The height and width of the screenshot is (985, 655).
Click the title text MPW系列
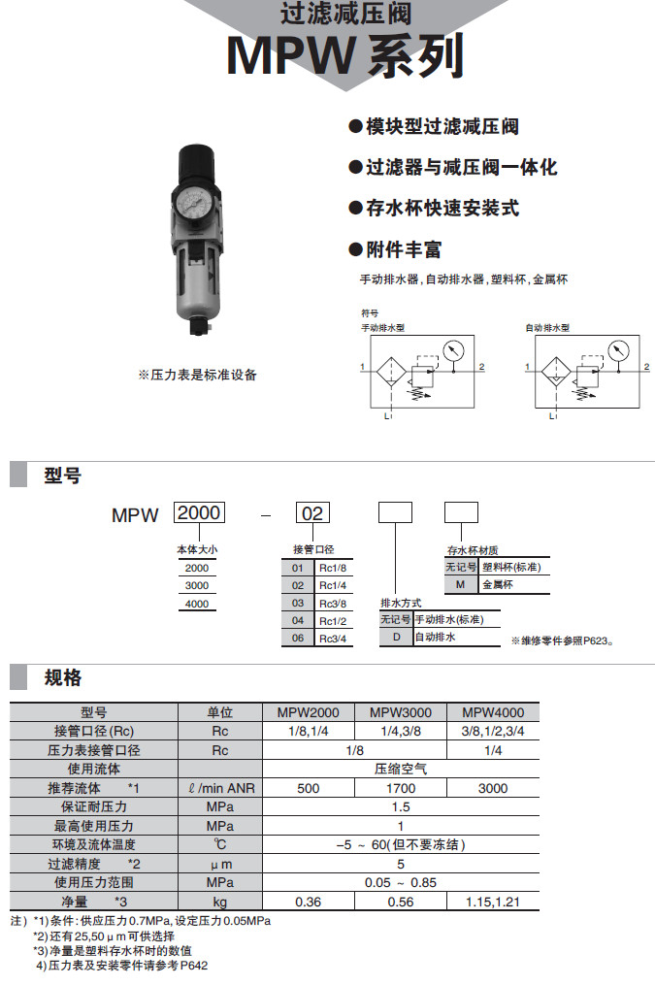pos(344,55)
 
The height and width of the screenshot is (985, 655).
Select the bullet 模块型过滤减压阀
pos(433,126)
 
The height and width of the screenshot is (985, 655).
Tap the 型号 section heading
pos(62,476)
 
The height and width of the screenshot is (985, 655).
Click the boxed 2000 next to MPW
pos(198,512)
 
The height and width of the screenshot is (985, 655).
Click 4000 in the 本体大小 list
pos(196,603)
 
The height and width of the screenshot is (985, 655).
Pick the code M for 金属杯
pos(461,585)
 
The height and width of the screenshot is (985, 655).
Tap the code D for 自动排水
pos(396,637)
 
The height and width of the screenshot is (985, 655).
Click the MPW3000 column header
pos(401,711)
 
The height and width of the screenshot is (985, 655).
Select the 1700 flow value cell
pos(401,788)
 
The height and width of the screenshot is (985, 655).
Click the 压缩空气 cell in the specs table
pos(401,769)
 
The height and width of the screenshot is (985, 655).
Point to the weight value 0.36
pos(308,902)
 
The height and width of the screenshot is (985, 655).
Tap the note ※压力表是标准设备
pos(197,375)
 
